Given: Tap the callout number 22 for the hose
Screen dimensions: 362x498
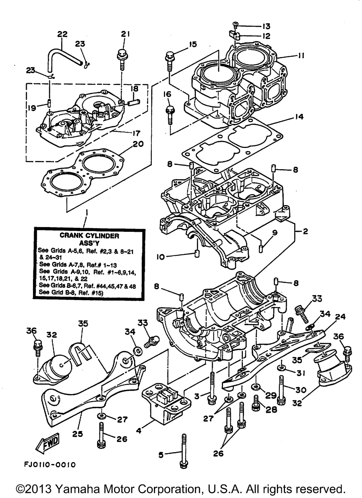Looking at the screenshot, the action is pyautogui.click(x=62, y=34).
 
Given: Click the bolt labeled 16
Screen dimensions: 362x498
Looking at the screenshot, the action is pyautogui.click(x=171, y=115).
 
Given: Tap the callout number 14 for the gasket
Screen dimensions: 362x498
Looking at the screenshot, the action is pyautogui.click(x=299, y=116).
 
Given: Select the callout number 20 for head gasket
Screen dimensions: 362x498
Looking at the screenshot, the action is pyautogui.click(x=138, y=144).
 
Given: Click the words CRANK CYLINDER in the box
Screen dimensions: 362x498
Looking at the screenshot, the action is pyautogui.click(x=89, y=236).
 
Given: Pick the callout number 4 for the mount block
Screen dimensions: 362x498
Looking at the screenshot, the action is pyautogui.click(x=139, y=431).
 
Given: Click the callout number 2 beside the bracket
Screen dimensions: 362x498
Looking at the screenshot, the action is pyautogui.click(x=305, y=231).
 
